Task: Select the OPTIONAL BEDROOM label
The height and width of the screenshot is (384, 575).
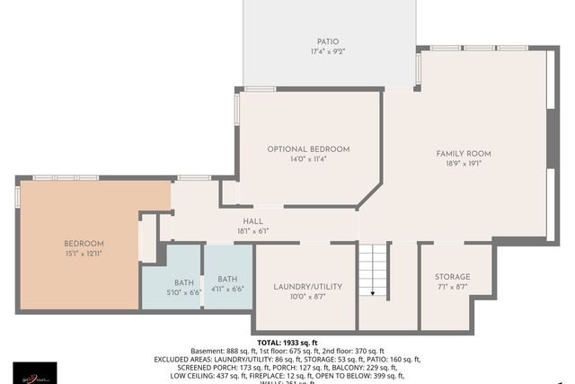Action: [308, 148]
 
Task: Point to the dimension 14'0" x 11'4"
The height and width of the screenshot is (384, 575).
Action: [308, 159]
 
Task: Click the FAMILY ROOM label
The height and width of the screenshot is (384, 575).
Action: [464, 154]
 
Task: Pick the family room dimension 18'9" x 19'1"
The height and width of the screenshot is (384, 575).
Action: [464, 165]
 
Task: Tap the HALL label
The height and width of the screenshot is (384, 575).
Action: [252, 220]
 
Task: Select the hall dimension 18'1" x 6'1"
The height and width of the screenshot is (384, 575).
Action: [252, 230]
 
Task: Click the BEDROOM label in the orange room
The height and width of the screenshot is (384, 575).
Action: [84, 244]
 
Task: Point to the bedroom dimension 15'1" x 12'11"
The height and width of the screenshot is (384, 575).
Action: [84, 255]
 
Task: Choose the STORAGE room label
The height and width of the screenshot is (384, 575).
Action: [452, 276]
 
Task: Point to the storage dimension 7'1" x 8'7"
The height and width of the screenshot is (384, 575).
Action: [452, 287]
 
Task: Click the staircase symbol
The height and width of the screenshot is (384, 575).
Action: [373, 274]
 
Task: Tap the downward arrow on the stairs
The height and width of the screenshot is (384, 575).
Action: [373, 290]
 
